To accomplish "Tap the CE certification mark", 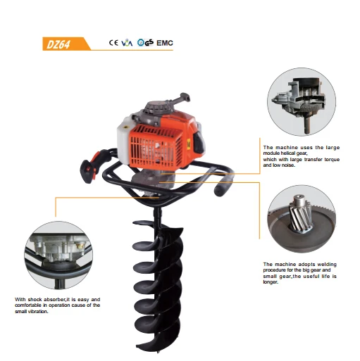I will point(113,43).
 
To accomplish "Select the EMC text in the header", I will point(163,43).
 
